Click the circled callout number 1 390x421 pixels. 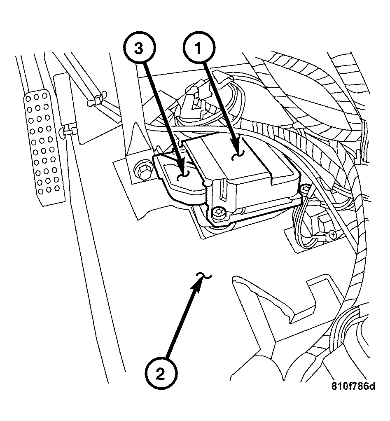point(199,49)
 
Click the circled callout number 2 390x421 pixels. point(161,374)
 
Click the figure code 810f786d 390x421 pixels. point(354,386)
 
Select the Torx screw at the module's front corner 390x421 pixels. point(219,214)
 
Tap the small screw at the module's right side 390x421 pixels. point(305,189)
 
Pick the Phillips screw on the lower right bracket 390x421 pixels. point(332,234)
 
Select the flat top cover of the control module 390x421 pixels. point(231,159)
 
